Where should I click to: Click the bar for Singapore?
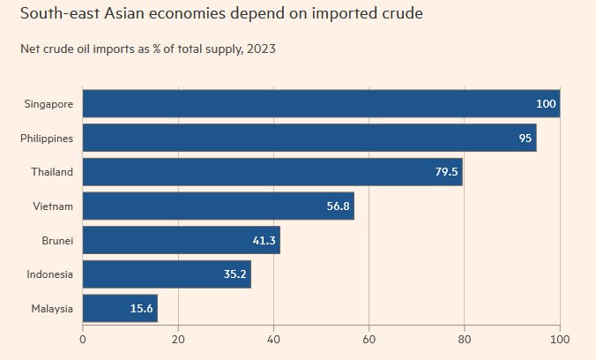[x=321, y=103]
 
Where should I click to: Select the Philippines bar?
[x=309, y=138]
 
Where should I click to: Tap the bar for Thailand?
[x=272, y=172]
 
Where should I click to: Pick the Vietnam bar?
[x=218, y=206]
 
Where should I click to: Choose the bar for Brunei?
[x=181, y=240]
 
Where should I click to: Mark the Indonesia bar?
[x=166, y=274]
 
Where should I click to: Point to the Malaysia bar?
[x=120, y=309]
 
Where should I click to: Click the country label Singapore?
[x=49, y=103]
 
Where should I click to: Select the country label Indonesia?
[x=49, y=274]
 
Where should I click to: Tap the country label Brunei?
[x=56, y=240]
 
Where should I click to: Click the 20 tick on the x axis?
[x=178, y=339]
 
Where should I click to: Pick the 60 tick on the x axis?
[x=369, y=339]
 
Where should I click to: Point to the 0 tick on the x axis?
[x=83, y=339]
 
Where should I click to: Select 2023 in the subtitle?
[x=260, y=49]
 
